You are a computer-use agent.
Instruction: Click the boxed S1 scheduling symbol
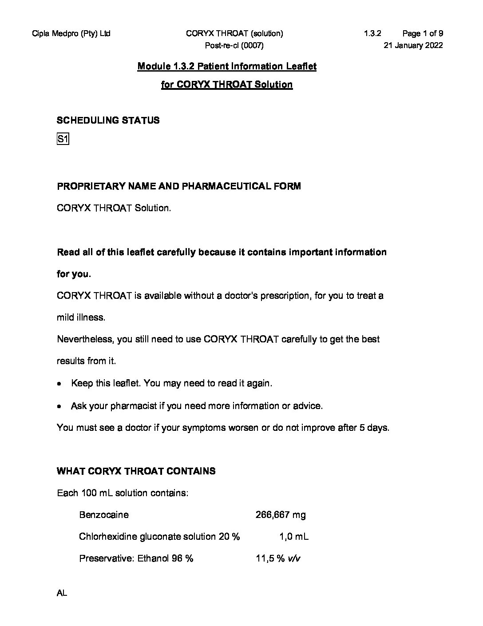63,140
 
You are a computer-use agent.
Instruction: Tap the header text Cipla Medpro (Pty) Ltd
71,33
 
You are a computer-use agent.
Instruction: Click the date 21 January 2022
413,45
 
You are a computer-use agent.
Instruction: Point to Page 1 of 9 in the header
422,33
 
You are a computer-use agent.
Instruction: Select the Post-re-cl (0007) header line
234,45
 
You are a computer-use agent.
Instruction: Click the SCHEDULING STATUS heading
108,120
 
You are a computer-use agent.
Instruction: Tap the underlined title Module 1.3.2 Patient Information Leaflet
227,67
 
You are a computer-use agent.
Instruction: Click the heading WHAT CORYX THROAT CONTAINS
136,471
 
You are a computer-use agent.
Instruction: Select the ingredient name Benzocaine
104,515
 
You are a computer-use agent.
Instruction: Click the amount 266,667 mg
281,515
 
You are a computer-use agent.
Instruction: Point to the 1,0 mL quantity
294,537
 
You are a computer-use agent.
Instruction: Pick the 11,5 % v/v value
278,558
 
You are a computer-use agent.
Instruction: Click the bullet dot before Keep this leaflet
59,384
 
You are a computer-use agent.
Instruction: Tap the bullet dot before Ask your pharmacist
59,406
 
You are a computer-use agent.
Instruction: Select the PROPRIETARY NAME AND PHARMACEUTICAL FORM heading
179,186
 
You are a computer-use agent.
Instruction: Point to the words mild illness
81,317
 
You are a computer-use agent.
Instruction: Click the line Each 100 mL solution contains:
123,493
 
